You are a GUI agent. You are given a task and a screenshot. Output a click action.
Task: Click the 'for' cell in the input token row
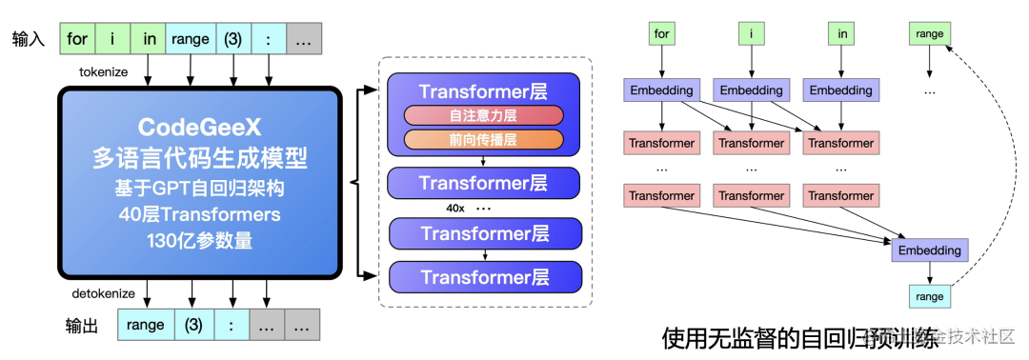pos(78,39)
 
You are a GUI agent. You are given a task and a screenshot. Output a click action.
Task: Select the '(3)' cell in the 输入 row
pos(232,39)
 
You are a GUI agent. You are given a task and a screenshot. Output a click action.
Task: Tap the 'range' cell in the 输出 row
pos(145,326)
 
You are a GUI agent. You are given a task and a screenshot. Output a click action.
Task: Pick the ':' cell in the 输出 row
pos(232,326)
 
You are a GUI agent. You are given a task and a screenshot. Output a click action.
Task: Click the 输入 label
pos(29,39)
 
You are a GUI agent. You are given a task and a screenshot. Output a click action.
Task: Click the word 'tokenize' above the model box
pos(110,71)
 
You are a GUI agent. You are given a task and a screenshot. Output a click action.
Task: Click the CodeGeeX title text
pos(198,127)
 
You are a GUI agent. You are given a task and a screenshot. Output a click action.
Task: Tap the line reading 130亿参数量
pos(198,240)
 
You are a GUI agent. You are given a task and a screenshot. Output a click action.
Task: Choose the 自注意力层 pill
pos(484,116)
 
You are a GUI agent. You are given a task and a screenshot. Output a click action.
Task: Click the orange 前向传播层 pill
pos(484,140)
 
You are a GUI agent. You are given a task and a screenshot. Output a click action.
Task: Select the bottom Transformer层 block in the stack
pos(485,277)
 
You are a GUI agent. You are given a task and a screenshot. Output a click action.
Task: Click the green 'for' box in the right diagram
pos(662,34)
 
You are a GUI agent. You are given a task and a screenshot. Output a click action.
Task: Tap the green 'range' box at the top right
pos(929,34)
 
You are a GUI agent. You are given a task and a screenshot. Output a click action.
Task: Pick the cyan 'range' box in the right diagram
pos(929,296)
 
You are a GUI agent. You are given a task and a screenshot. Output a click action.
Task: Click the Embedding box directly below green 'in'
pos(841,90)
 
